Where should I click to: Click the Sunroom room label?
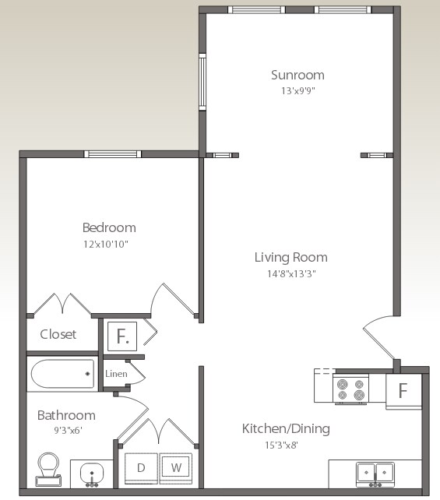(x=297, y=75)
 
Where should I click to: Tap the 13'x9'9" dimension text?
(x=297, y=90)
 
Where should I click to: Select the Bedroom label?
(x=109, y=227)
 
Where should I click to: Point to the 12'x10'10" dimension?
(x=109, y=244)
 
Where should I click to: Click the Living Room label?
(x=291, y=257)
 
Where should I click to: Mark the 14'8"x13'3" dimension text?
(x=291, y=273)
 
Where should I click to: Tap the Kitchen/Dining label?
(x=286, y=428)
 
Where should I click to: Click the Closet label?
(x=58, y=334)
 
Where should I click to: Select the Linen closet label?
(x=116, y=374)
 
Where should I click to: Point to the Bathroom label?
(x=66, y=415)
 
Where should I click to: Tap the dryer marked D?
(x=141, y=468)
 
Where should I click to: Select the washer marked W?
(x=176, y=468)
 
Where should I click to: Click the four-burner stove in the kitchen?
(x=350, y=388)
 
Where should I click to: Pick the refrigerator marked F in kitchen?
(x=403, y=390)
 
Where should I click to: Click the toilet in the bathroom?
(x=48, y=469)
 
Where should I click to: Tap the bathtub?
(x=62, y=375)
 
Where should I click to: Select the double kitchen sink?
(x=375, y=472)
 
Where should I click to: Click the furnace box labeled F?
(x=121, y=336)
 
